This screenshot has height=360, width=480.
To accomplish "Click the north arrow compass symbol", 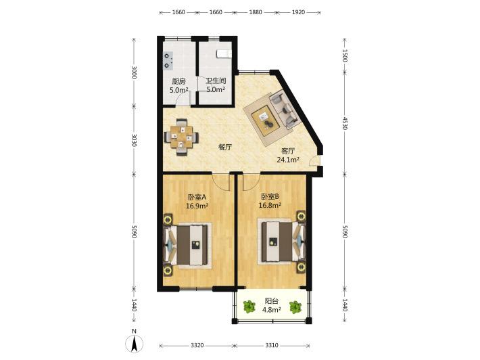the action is click(134, 343).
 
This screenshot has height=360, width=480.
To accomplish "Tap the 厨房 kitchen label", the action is click(178, 81).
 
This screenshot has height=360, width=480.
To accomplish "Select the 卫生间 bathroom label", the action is click(216, 81).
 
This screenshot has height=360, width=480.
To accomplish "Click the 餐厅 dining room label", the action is click(225, 148).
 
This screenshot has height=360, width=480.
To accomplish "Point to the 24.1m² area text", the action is click(288, 160).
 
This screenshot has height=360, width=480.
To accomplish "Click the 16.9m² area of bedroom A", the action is click(197, 206).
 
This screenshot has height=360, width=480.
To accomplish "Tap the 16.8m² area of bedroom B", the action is click(270, 206).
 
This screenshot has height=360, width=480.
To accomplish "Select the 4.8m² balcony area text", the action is click(272, 310).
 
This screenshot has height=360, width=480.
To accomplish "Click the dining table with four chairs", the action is click(182, 137).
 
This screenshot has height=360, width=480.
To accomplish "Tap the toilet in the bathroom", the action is click(224, 54).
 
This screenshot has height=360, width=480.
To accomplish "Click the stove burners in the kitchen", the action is click(168, 61).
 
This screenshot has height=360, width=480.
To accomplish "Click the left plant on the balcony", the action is click(249, 307).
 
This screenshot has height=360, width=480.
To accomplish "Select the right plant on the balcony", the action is click(295, 307).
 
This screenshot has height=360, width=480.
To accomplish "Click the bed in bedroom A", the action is click(187, 245).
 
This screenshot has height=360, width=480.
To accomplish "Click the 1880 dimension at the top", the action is click(256, 12).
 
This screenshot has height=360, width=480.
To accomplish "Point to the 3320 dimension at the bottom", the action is click(197, 345).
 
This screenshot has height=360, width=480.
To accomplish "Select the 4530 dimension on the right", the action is click(344, 123).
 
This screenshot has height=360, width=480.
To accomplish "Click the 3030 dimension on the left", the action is click(134, 140).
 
